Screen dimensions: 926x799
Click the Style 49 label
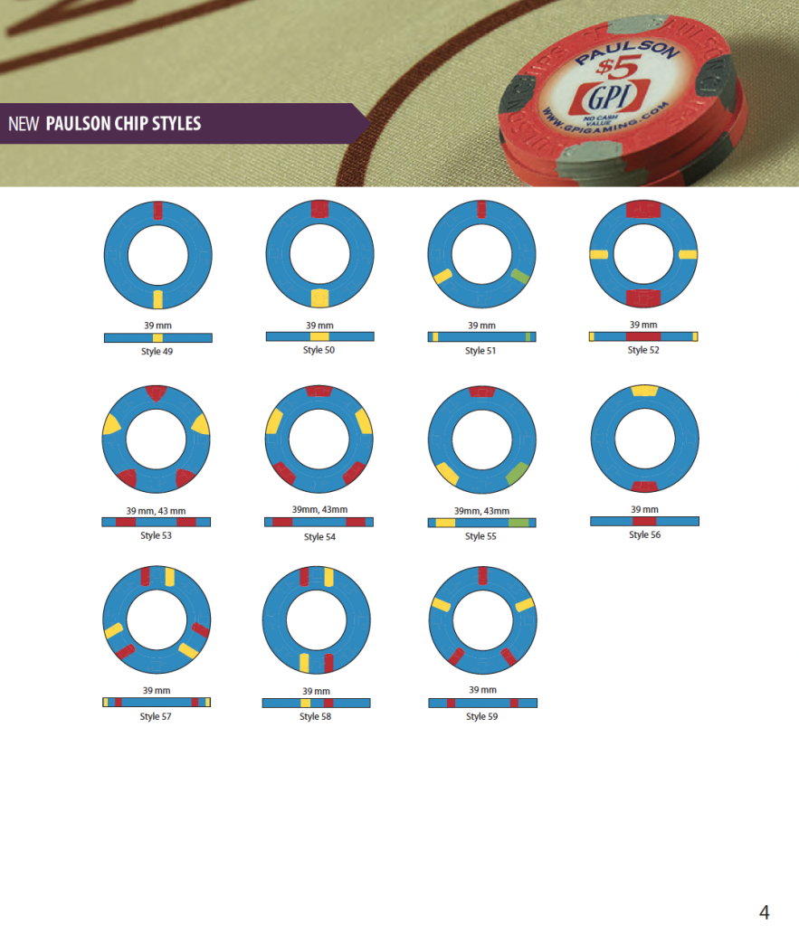[x=157, y=351]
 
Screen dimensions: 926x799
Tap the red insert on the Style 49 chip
[x=157, y=210]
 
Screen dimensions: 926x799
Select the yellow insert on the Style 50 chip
[x=319, y=298]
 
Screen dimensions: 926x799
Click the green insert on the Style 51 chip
[x=519, y=276]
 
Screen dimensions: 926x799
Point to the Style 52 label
[x=643, y=350]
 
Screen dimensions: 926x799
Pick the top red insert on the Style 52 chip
[x=642, y=209]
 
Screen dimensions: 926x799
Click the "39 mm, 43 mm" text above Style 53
[x=157, y=511]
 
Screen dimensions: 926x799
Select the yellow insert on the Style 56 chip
[x=644, y=390]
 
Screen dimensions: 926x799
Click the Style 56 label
[x=644, y=534]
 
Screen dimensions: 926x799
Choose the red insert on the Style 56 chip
[x=644, y=487]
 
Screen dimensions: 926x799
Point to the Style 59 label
[x=482, y=716]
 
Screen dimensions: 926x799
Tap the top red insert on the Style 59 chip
[x=482, y=575]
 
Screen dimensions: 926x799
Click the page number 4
[x=764, y=911]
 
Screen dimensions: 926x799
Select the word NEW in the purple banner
[x=24, y=123]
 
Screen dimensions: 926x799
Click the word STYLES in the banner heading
[x=171, y=123]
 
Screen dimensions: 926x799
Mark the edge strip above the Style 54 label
[x=319, y=522]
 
